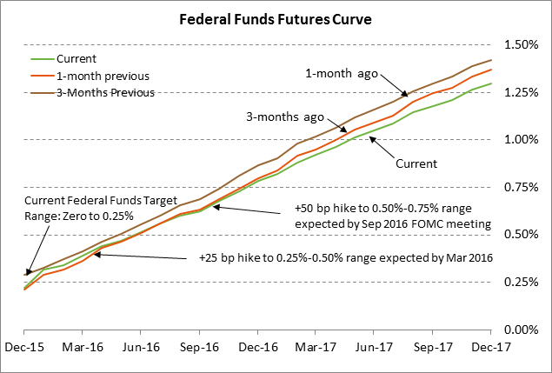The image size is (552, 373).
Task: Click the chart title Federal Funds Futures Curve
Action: click(x=276, y=19)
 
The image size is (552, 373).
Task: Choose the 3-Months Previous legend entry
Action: click(x=105, y=92)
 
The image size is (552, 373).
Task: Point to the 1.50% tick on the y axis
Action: click(x=518, y=44)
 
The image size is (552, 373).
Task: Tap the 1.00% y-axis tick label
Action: click(x=518, y=139)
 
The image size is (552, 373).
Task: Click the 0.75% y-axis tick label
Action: click(x=518, y=187)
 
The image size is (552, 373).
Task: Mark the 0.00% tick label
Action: click(x=518, y=330)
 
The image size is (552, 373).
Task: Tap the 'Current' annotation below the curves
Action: click(x=416, y=163)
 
